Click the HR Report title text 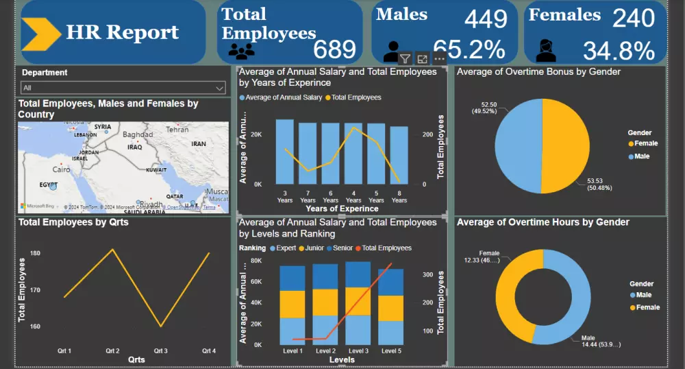coord(122,32)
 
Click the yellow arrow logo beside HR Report coord(41,34)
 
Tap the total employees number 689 coord(334,49)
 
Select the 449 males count coord(486,19)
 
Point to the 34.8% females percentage coord(619,51)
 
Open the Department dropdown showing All coord(123,88)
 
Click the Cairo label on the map coord(62,169)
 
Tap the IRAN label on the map coord(199,144)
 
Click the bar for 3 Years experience coord(284,152)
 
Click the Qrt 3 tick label coord(160,350)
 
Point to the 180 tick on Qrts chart coord(35,253)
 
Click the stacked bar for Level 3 coord(358,302)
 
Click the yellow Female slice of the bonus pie coord(569,147)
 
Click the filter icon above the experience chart coord(405,59)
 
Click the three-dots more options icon coord(440,59)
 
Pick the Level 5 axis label coord(390,350)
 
